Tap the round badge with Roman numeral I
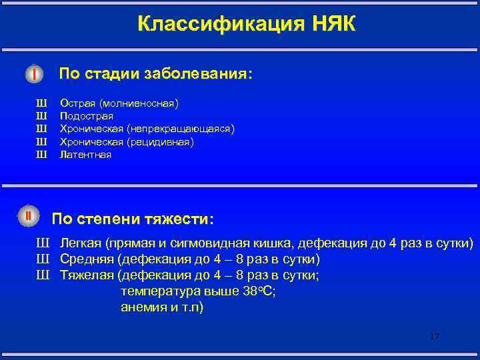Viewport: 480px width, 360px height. pyautogui.click(x=33, y=73)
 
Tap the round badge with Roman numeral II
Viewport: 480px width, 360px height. pyautogui.click(x=29, y=216)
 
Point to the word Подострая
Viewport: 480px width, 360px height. pyautogui.click(x=87, y=116)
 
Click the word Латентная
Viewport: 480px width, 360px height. pyautogui.click(x=86, y=155)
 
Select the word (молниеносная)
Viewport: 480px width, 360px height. pyautogui.click(x=139, y=103)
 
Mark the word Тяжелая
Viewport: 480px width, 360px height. pyautogui.click(x=87, y=275)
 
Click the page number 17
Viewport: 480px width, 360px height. pyautogui.click(x=434, y=336)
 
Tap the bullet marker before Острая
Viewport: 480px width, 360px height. pyautogui.click(x=41, y=103)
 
